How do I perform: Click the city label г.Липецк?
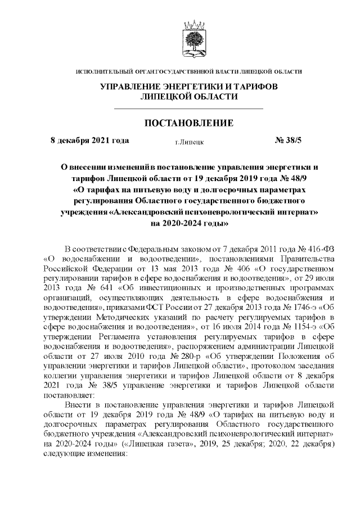(189, 141)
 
